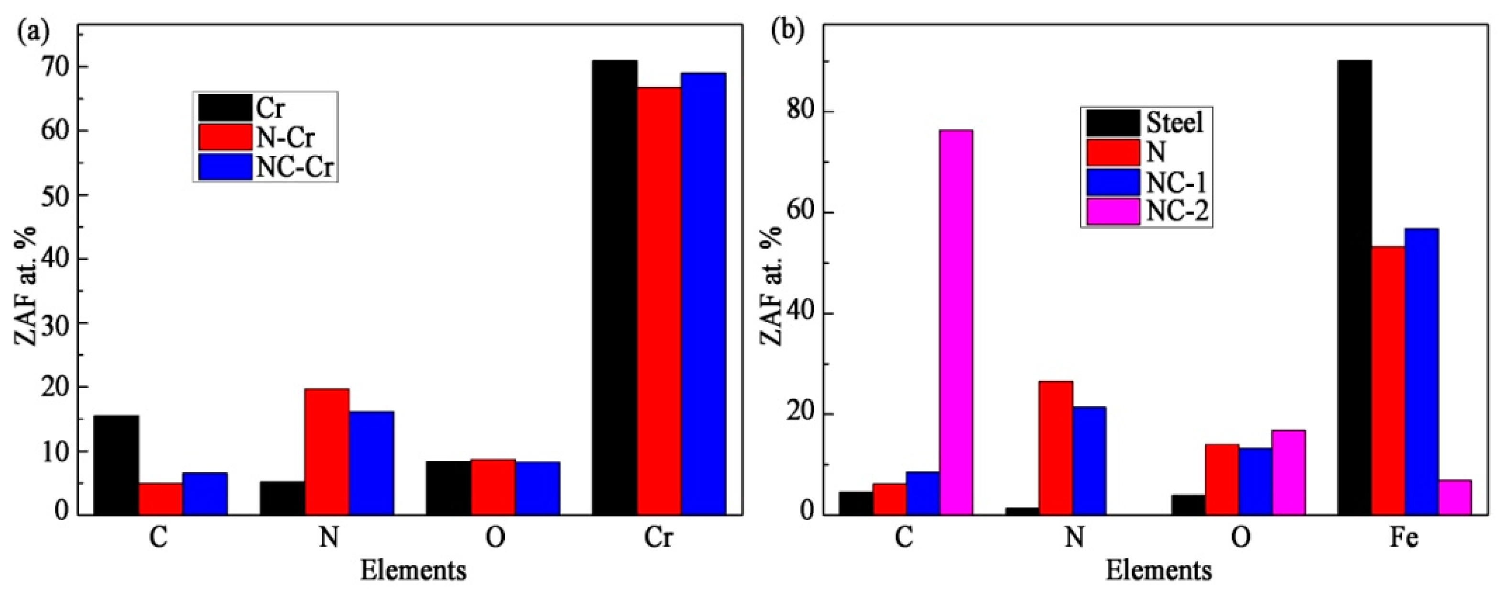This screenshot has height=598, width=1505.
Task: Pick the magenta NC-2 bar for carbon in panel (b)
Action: (x=956, y=322)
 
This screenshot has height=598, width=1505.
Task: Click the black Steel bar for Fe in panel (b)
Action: (x=1354, y=287)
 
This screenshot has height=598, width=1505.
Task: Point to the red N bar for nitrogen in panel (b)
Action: (x=1056, y=448)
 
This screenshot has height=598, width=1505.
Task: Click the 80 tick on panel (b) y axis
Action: (x=800, y=112)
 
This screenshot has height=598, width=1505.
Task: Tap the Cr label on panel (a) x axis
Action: (x=658, y=538)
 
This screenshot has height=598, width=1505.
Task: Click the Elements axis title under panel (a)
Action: (x=413, y=571)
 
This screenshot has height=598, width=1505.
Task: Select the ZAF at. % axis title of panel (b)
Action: (x=773, y=286)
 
